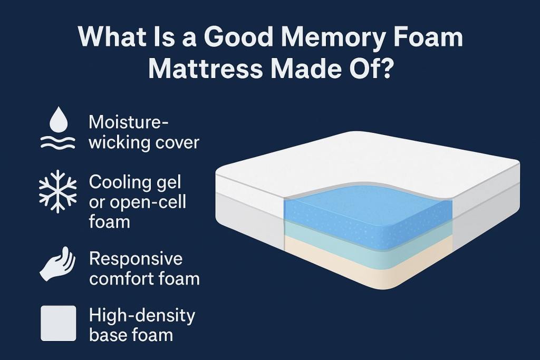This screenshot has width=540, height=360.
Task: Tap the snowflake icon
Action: click(59, 192)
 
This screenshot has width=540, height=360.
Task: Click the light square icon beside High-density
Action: click(59, 323)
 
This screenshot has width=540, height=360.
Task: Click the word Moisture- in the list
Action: click(129, 123)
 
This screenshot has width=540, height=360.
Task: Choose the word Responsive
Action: click(136, 259)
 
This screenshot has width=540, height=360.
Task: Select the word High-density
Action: click(142, 316)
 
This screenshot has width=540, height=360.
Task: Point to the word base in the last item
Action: click(109, 334)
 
